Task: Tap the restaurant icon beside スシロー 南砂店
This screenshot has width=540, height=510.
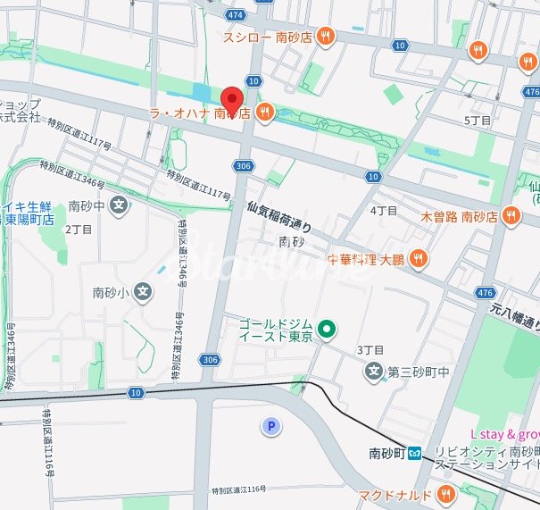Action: (x=327, y=36)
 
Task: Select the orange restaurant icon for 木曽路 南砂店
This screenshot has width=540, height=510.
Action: (x=511, y=214)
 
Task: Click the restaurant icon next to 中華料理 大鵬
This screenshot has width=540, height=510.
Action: (x=420, y=259)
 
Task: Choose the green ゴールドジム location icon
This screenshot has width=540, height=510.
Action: (x=327, y=330)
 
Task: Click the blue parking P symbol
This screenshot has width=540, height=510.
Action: (x=270, y=427)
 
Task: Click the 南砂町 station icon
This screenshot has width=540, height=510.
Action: (x=416, y=455)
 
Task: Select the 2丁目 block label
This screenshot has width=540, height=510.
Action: (x=79, y=229)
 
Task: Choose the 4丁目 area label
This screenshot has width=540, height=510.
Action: (x=383, y=211)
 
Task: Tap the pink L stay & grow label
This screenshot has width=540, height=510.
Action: (x=505, y=435)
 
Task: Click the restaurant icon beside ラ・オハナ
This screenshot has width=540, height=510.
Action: (x=264, y=113)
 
